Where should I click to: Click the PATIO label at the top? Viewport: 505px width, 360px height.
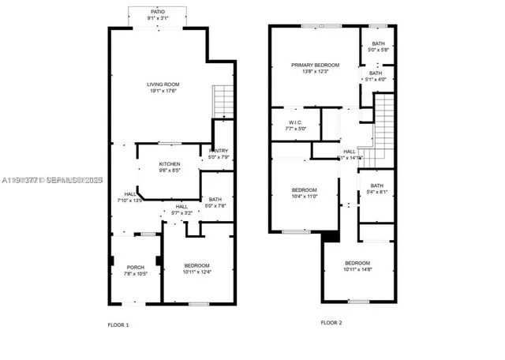(159, 12)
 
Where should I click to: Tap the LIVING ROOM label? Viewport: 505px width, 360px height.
(163, 84)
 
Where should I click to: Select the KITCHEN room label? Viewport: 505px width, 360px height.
(170, 164)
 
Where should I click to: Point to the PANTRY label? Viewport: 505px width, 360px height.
(219, 151)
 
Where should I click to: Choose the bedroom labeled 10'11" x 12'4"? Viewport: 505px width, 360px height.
(196, 265)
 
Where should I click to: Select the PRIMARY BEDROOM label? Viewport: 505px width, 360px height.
(315, 65)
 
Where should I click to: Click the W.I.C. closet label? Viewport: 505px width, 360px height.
(296, 122)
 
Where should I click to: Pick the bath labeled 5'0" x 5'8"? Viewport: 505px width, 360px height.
(378, 44)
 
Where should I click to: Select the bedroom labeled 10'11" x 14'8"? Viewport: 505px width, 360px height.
(357, 263)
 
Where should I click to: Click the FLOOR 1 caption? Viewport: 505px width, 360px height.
(118, 324)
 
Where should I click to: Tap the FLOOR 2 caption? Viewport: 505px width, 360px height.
(331, 322)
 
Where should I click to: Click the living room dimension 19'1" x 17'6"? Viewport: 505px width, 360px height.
(163, 91)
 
